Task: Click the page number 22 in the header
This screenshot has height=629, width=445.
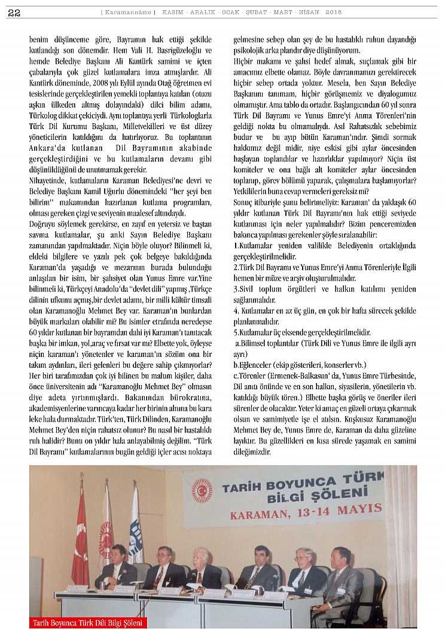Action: [x=15, y=13]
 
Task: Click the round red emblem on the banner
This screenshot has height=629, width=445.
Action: [x=202, y=490]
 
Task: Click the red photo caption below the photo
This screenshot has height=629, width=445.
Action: [x=88, y=623]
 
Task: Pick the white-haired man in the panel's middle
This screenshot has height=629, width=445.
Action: [x=204, y=567]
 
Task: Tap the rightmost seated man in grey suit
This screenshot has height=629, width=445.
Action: [x=342, y=575]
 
